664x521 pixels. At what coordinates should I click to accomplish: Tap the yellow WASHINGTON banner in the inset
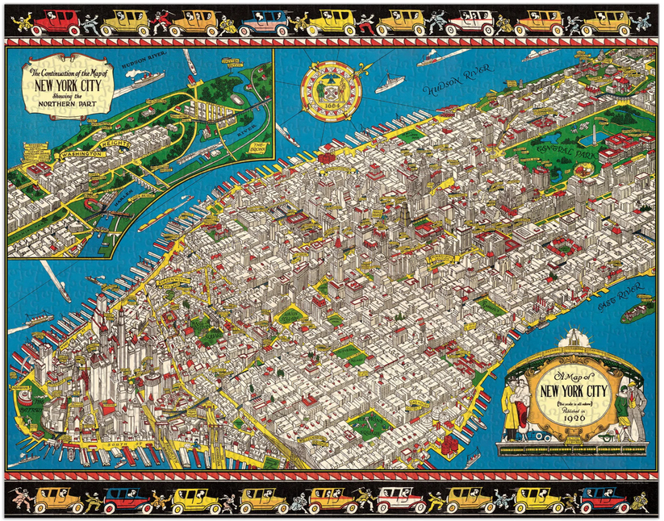[79, 152]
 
